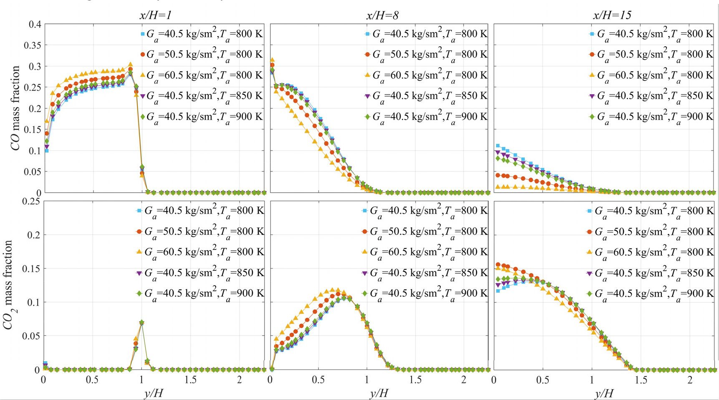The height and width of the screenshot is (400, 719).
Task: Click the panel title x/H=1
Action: click(155, 15)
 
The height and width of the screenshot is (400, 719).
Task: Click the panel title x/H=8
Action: click(382, 15)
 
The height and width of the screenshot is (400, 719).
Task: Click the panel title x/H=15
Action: click(612, 15)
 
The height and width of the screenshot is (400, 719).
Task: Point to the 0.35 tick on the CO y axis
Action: click(32, 45)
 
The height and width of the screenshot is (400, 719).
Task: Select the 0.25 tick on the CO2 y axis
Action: click(32, 201)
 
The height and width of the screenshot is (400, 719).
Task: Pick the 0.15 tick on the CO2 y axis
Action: click(32, 269)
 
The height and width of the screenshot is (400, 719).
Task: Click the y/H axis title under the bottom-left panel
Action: click(154, 393)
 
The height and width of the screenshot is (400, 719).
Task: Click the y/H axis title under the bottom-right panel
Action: click(604, 393)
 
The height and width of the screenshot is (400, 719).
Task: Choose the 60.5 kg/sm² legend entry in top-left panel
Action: click(204, 75)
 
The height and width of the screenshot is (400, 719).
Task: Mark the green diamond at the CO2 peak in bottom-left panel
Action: click(142, 322)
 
